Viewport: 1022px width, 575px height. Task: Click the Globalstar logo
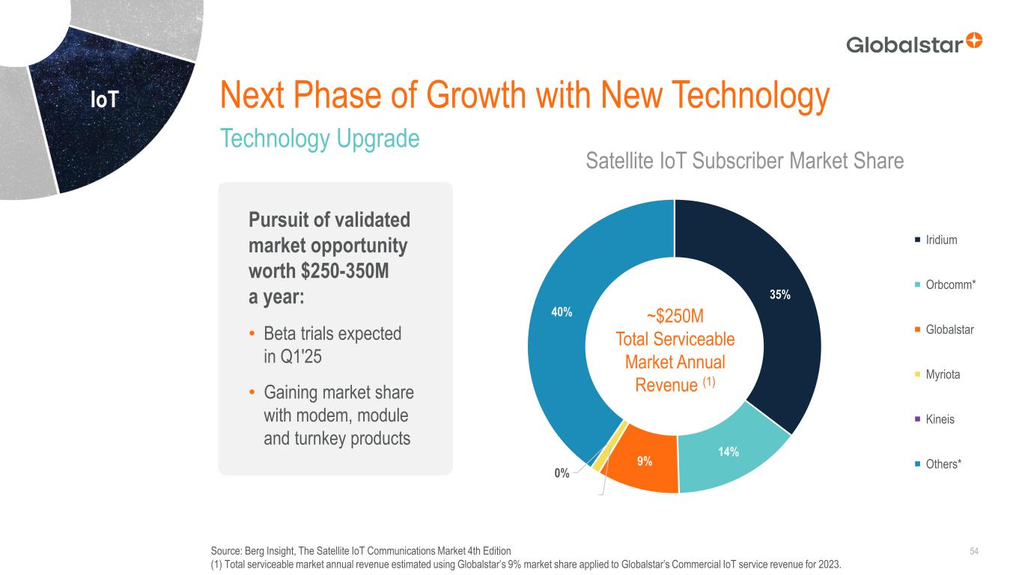[x=913, y=43]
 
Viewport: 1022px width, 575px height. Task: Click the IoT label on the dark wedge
[x=104, y=100]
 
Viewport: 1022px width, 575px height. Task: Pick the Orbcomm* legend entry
[x=946, y=285]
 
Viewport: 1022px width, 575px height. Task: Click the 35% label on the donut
[x=780, y=295]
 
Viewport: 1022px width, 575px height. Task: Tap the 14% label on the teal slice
[x=729, y=451]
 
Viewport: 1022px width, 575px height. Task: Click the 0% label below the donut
[x=562, y=473]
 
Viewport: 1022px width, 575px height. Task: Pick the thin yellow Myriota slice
[x=597, y=467]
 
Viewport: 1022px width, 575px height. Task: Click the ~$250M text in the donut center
[x=675, y=315]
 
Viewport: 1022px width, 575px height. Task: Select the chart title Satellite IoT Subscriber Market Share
[x=744, y=160]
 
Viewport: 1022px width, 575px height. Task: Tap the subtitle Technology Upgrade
[x=320, y=139]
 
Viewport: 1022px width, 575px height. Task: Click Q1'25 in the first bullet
[x=282, y=357]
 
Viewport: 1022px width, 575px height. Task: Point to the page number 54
[x=974, y=552]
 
